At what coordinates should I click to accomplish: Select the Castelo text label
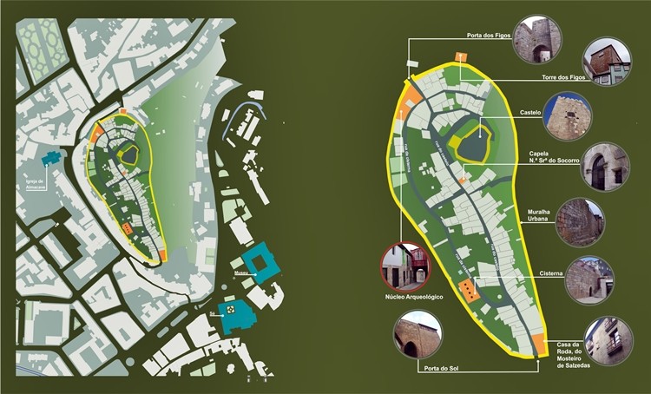(530, 113)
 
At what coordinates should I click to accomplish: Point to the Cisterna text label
(551, 273)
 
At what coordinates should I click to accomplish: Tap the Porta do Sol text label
(443, 368)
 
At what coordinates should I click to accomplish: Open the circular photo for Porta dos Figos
(536, 41)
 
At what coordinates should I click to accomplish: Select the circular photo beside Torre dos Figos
(606, 62)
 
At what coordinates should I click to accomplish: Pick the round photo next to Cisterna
(589, 279)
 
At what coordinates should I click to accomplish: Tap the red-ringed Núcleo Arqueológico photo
(406, 266)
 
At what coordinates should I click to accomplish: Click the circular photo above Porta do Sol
(418, 334)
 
